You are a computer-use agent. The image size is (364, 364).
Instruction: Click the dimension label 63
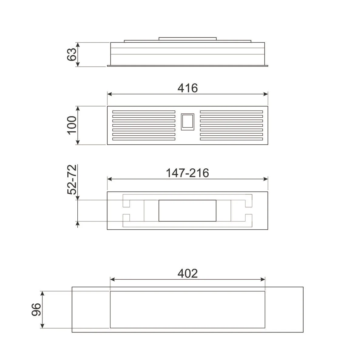point(72,54)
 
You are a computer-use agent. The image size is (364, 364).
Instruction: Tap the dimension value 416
point(187,88)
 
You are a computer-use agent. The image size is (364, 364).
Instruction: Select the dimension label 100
point(72,125)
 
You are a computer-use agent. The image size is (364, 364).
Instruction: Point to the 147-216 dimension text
point(187,173)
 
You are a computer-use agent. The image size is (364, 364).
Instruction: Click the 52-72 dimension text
point(72,180)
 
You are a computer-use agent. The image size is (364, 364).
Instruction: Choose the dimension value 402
point(187,273)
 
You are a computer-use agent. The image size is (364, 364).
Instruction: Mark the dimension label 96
point(36,309)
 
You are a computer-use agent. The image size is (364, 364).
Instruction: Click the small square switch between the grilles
point(187,122)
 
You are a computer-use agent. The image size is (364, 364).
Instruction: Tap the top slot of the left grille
point(144,112)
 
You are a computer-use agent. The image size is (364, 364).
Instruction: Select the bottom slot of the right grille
point(231,139)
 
